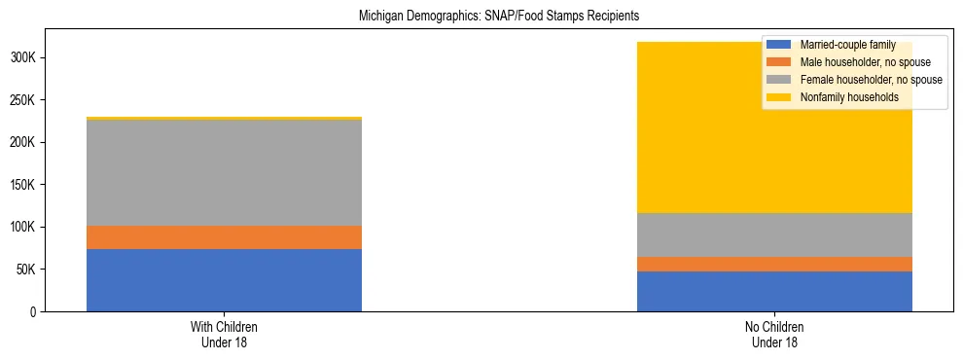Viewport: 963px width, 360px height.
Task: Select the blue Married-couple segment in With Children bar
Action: point(224,280)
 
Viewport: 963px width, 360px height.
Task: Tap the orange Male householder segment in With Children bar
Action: point(224,237)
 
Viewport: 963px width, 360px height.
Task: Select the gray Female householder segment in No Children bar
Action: point(774,234)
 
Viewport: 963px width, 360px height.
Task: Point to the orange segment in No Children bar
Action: point(774,264)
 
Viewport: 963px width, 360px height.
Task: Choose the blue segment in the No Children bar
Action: point(774,291)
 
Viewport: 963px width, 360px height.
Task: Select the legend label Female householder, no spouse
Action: point(870,80)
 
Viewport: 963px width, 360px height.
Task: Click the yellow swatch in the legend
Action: point(779,97)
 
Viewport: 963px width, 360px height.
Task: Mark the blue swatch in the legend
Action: point(779,45)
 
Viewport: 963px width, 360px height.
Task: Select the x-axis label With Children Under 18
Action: point(224,334)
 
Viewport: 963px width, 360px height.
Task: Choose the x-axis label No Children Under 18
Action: point(774,334)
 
